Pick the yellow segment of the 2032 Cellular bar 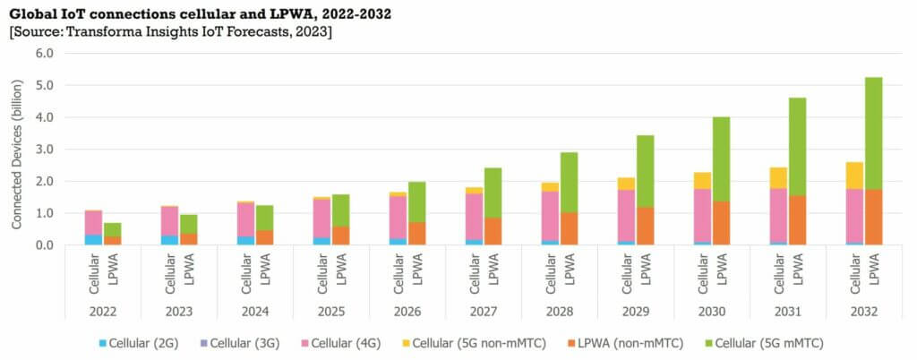854,175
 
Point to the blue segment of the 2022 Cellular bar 93,239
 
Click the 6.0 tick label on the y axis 42,53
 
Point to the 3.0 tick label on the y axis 42,149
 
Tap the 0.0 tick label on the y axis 42,244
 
